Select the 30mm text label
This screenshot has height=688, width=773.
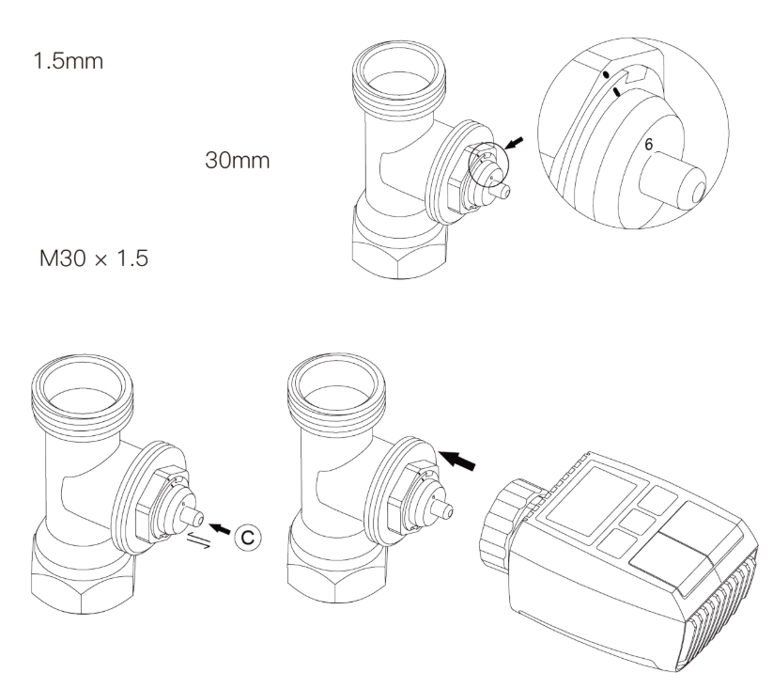click(238, 161)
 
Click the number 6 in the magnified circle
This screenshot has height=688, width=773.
click(647, 145)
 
